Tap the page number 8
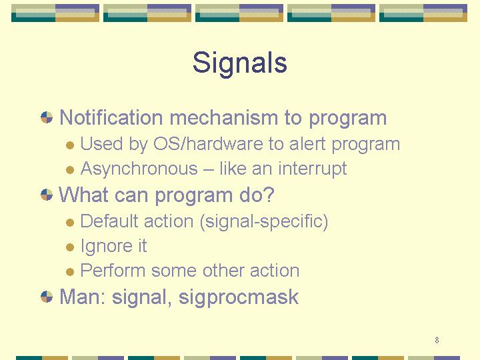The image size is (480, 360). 437,340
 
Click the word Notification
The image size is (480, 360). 111,117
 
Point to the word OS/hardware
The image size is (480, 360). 208,143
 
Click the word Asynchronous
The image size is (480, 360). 139,169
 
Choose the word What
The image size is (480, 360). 83,195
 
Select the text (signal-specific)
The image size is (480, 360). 264,221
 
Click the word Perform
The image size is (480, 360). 113,270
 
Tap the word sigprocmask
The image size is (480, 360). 239,297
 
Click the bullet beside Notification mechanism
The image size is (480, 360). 47,117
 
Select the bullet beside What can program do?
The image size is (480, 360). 47,195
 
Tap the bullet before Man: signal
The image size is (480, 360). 47,297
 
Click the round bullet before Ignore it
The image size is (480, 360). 70,247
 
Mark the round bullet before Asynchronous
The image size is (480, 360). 70,169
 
